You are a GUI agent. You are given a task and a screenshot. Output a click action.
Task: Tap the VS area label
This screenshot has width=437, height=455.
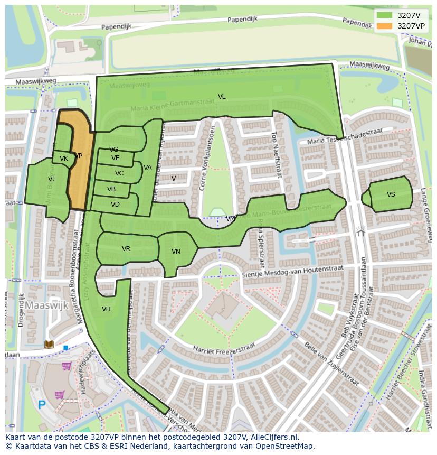(391, 194)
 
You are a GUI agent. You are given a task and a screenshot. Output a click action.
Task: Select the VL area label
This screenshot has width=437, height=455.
(222, 97)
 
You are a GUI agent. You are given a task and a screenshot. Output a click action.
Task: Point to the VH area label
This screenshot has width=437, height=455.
(106, 309)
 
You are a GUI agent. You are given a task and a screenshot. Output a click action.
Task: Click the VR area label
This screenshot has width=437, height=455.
(126, 249)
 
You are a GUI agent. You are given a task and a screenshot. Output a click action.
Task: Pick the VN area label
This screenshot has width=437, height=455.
(176, 252)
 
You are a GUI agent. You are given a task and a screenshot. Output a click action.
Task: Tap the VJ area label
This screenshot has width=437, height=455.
(51, 179)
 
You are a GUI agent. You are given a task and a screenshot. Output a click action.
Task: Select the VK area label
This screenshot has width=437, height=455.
(64, 159)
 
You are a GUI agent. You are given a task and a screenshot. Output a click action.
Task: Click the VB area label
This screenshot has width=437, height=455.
(111, 189)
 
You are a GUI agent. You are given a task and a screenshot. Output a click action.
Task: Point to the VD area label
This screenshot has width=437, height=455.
(115, 205)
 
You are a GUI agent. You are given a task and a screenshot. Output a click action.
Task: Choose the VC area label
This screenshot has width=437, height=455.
(119, 173)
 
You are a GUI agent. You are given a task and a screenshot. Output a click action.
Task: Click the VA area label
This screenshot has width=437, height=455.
(148, 168)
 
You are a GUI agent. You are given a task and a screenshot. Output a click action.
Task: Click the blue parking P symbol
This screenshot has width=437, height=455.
(42, 405)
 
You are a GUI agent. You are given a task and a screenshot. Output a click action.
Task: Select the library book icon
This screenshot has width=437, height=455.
(49, 345)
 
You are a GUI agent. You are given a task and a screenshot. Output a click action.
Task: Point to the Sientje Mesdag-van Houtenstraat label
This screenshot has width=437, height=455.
(292, 272)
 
